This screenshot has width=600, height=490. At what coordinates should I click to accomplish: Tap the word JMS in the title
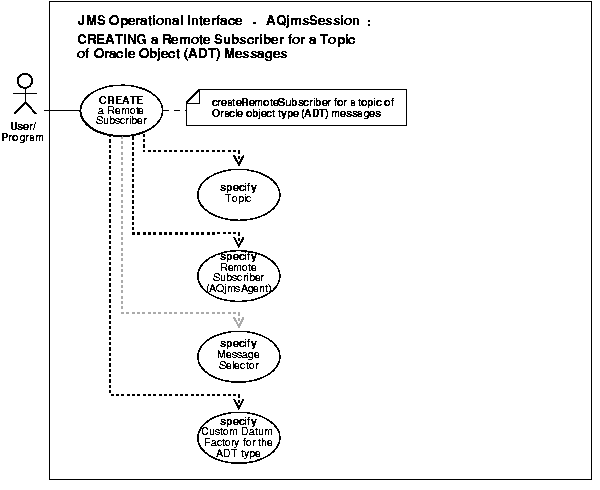[90, 20]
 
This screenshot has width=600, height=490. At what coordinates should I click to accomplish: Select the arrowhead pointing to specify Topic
[239, 160]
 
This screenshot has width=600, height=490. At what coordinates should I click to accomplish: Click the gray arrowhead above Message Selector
[239, 325]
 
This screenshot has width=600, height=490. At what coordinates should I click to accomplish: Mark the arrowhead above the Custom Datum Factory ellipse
[239, 406]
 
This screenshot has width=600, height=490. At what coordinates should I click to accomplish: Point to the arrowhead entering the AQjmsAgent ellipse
[239, 241]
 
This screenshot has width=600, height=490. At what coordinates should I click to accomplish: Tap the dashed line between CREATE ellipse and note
[172, 110]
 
